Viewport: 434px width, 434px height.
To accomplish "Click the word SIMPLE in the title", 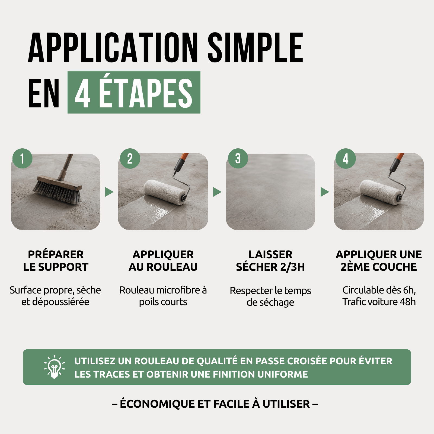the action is point(256,48).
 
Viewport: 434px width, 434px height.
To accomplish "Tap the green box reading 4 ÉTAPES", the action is point(134,92).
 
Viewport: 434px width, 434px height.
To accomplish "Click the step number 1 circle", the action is point(22,158).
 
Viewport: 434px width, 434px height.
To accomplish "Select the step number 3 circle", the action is point(238,158).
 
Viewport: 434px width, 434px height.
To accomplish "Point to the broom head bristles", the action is point(57,193).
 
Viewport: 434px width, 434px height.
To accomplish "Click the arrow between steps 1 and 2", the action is point(109,192).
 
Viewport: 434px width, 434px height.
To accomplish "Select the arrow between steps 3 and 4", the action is point(324,192).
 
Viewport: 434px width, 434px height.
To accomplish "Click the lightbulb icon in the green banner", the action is point(54,367).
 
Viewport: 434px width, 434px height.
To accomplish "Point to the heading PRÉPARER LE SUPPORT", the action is point(56,261).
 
